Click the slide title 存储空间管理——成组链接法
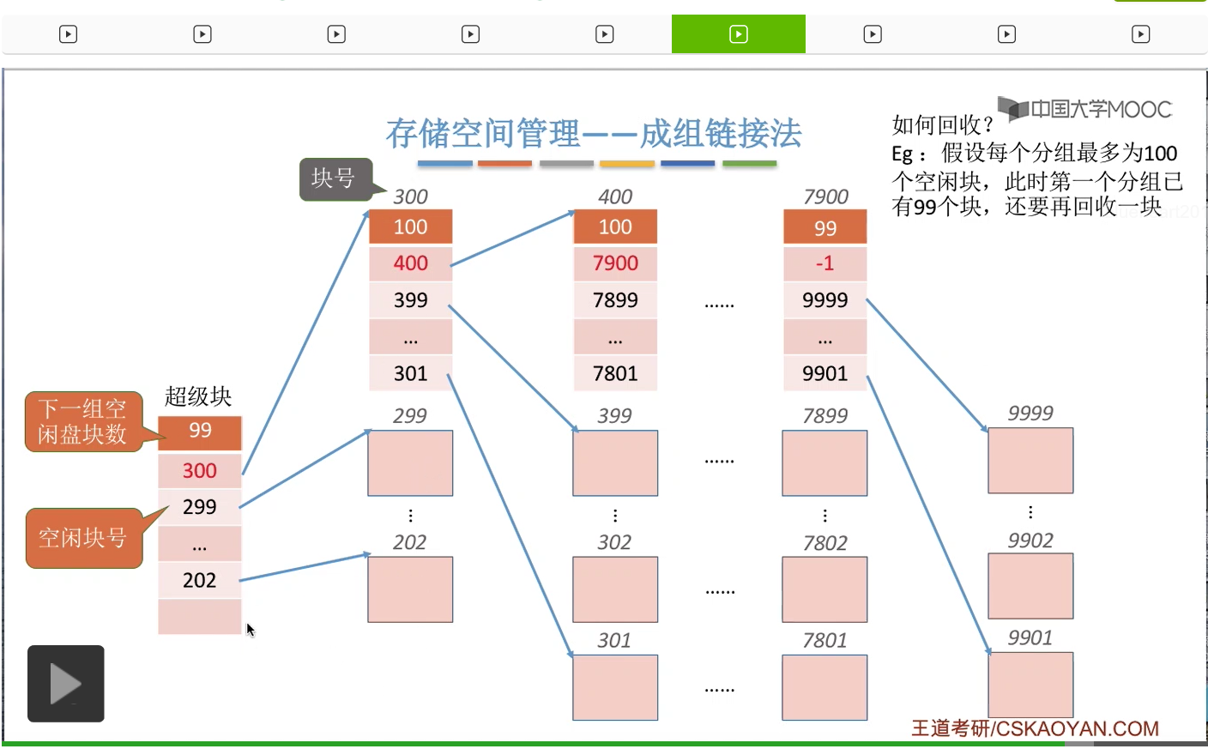pos(593,133)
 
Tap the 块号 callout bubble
pos(335,178)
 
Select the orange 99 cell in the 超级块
pos(200,431)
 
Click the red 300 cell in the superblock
pos(200,470)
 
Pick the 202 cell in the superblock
pos(200,580)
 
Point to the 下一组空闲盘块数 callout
pos(83,421)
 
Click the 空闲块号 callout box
pos(83,538)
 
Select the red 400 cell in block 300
pos(410,263)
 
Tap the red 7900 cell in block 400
pos(615,263)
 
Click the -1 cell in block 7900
pos(824,263)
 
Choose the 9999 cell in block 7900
pos(824,300)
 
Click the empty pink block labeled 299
pos(410,462)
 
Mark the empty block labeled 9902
pos(1030,585)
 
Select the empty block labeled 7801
pos(824,686)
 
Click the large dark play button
pos(66,684)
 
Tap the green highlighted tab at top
pos(738,34)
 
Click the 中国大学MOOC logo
pos(1085,109)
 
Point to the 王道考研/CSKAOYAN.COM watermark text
pos(1035,728)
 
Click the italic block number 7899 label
pos(824,416)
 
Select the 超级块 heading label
pos(198,396)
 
